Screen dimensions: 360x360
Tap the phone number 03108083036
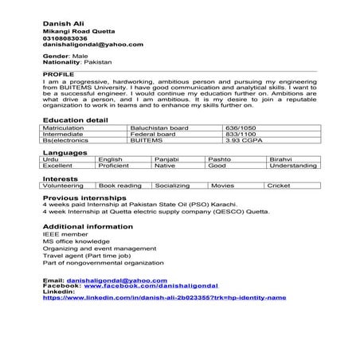click(x=65, y=37)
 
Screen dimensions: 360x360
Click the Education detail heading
click(x=75, y=119)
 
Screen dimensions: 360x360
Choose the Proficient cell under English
click(x=114, y=166)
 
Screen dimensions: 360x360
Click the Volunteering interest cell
click(x=63, y=185)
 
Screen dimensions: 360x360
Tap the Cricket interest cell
click(x=279, y=185)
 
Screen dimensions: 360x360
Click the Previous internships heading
click(x=84, y=197)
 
